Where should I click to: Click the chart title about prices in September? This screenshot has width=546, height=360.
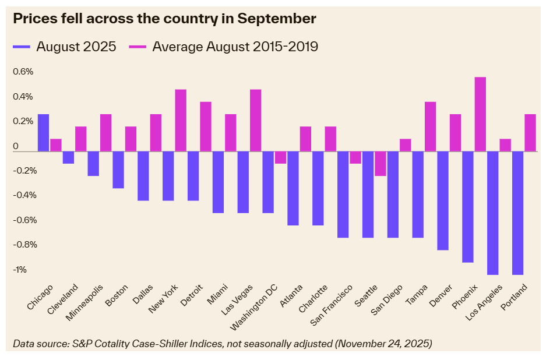164,19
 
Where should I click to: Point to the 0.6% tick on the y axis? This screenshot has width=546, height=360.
24,72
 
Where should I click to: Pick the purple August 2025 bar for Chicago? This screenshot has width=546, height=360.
43,133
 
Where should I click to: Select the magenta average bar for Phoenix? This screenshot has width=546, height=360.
480,114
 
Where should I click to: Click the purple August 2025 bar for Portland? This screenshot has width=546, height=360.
517,213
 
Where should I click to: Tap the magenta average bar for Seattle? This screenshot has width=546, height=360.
380,164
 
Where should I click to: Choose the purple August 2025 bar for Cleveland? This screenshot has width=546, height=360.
68,157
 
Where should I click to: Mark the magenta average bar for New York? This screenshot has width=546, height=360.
181,121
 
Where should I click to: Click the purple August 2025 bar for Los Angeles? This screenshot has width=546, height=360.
492,213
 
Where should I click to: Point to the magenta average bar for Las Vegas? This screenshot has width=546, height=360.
255,121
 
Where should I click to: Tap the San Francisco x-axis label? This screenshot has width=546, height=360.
332,305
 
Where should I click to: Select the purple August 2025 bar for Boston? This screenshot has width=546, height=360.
118,170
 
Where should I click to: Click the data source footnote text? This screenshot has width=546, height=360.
222,344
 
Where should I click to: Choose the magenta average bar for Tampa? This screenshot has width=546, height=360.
430,126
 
